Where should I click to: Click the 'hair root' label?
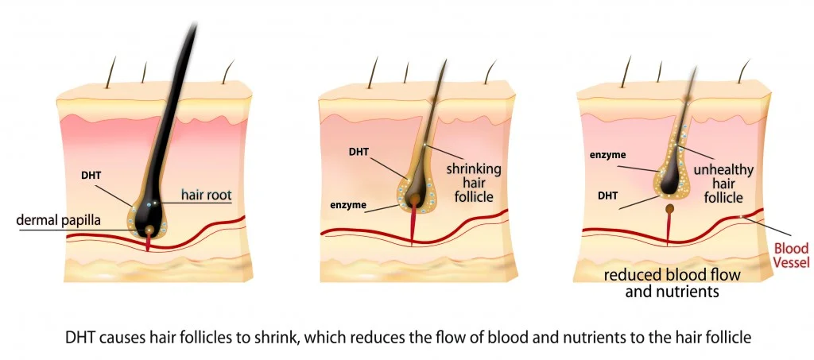[205, 193]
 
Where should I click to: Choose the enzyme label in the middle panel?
[348, 205]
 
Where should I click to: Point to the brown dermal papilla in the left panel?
[149, 230]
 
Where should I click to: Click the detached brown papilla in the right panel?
[670, 210]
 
